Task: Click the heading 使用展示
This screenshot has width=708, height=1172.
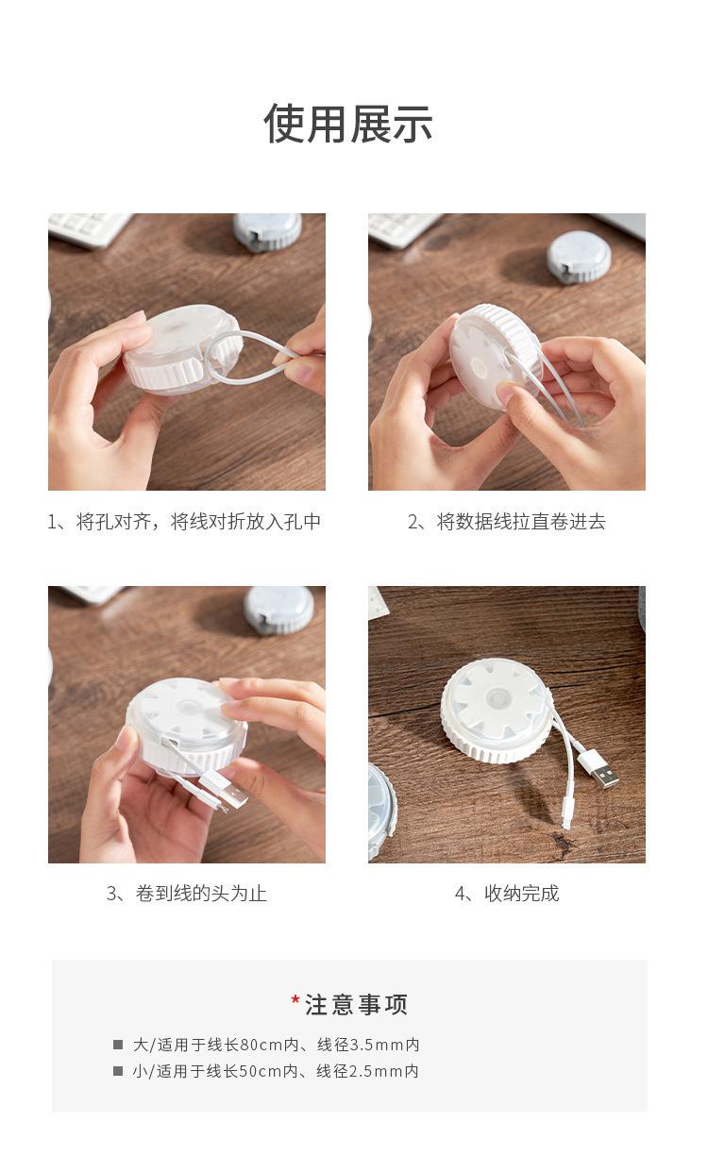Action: coord(348,124)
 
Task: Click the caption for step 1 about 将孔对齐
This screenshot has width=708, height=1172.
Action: coord(184,522)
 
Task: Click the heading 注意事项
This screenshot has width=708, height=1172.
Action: coord(356,1005)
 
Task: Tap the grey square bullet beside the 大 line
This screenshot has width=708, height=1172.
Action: coord(118,1045)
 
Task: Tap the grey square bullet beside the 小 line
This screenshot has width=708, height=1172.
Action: coord(118,1071)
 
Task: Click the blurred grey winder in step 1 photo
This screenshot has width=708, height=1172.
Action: coord(267,232)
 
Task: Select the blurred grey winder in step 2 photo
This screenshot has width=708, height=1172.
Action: coord(579,257)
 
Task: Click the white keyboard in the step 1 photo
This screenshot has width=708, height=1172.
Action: coord(89,228)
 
